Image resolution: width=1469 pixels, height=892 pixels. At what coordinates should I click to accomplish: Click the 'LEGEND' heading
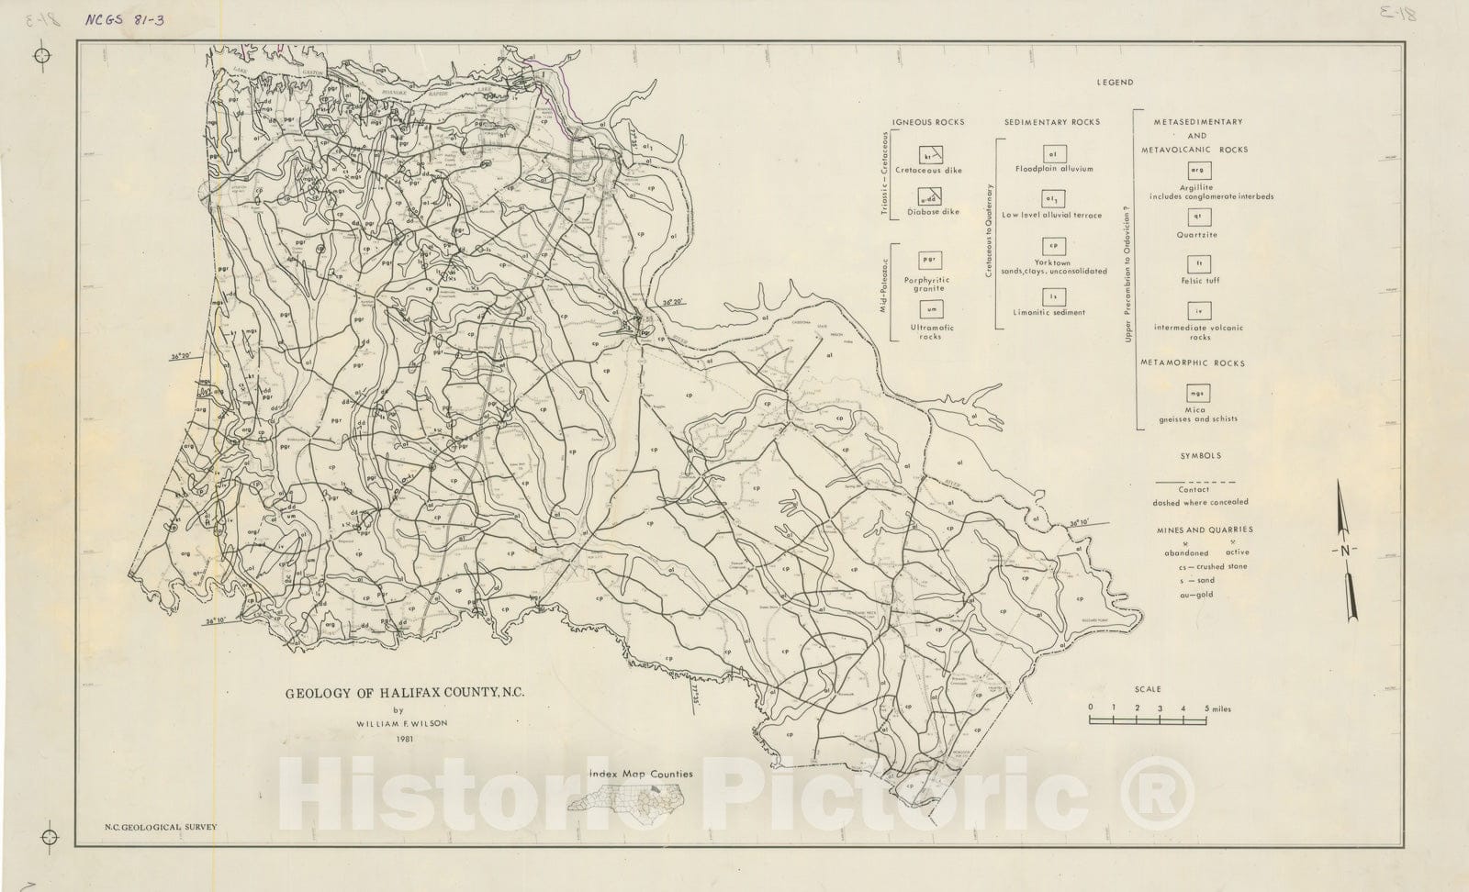coord(1115,83)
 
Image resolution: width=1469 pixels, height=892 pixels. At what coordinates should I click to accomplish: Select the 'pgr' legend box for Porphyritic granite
coord(927,261)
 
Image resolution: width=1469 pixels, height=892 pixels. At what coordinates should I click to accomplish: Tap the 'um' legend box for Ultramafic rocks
coord(927,310)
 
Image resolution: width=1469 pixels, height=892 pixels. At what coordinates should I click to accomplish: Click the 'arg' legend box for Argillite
coord(1198,171)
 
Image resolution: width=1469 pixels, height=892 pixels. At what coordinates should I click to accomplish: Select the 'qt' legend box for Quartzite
coord(1198,217)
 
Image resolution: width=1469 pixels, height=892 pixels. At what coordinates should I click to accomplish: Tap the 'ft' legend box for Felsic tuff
coord(1198,264)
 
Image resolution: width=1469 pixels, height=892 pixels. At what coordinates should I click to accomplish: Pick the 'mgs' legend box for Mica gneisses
coord(1198,393)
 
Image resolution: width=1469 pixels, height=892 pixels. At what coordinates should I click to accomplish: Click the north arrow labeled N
coord(1345,551)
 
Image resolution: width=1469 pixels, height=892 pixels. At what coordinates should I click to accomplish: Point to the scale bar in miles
coord(1148,721)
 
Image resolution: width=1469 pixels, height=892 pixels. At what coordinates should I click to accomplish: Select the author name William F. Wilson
coord(400,723)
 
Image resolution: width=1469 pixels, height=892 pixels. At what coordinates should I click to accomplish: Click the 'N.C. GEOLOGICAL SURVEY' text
coord(162,827)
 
